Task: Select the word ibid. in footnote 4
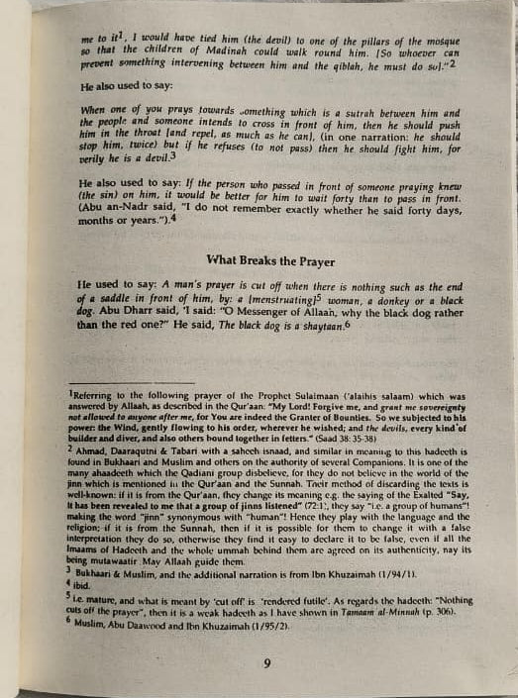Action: tap(98, 583)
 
